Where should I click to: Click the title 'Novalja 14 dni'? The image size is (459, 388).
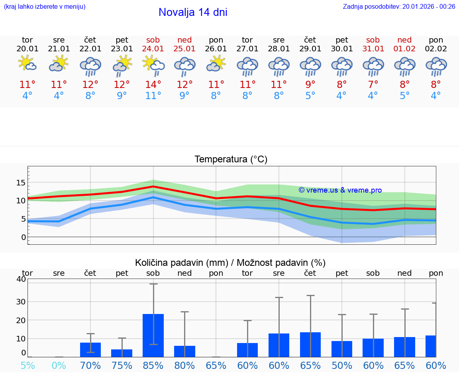coord(193,12)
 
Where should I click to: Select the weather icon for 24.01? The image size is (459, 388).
coord(153,66)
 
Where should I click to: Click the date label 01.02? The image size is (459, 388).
coord(404,49)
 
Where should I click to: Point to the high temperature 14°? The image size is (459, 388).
coord(153,84)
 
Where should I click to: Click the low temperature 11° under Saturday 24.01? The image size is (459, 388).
coord(153,96)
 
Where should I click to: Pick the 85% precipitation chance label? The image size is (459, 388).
coord(153,365)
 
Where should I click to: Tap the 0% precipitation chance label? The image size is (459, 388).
coord(59,365)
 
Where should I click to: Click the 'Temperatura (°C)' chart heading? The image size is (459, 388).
coord(231,160)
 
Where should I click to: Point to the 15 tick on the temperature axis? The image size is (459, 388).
coord(21,183)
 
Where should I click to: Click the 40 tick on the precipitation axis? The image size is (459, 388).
coord(21,279)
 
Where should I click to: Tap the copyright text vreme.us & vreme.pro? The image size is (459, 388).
coord(340,190)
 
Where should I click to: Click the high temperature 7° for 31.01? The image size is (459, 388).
coord(373,84)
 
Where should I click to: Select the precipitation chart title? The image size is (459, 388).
coord(230,263)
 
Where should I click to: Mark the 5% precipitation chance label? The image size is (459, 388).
coord(27,365)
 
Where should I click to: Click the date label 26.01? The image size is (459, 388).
coord(216,49)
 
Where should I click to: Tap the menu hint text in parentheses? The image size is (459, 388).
coord(45,6)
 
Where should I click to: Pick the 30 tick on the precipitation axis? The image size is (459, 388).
coord(21,302)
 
